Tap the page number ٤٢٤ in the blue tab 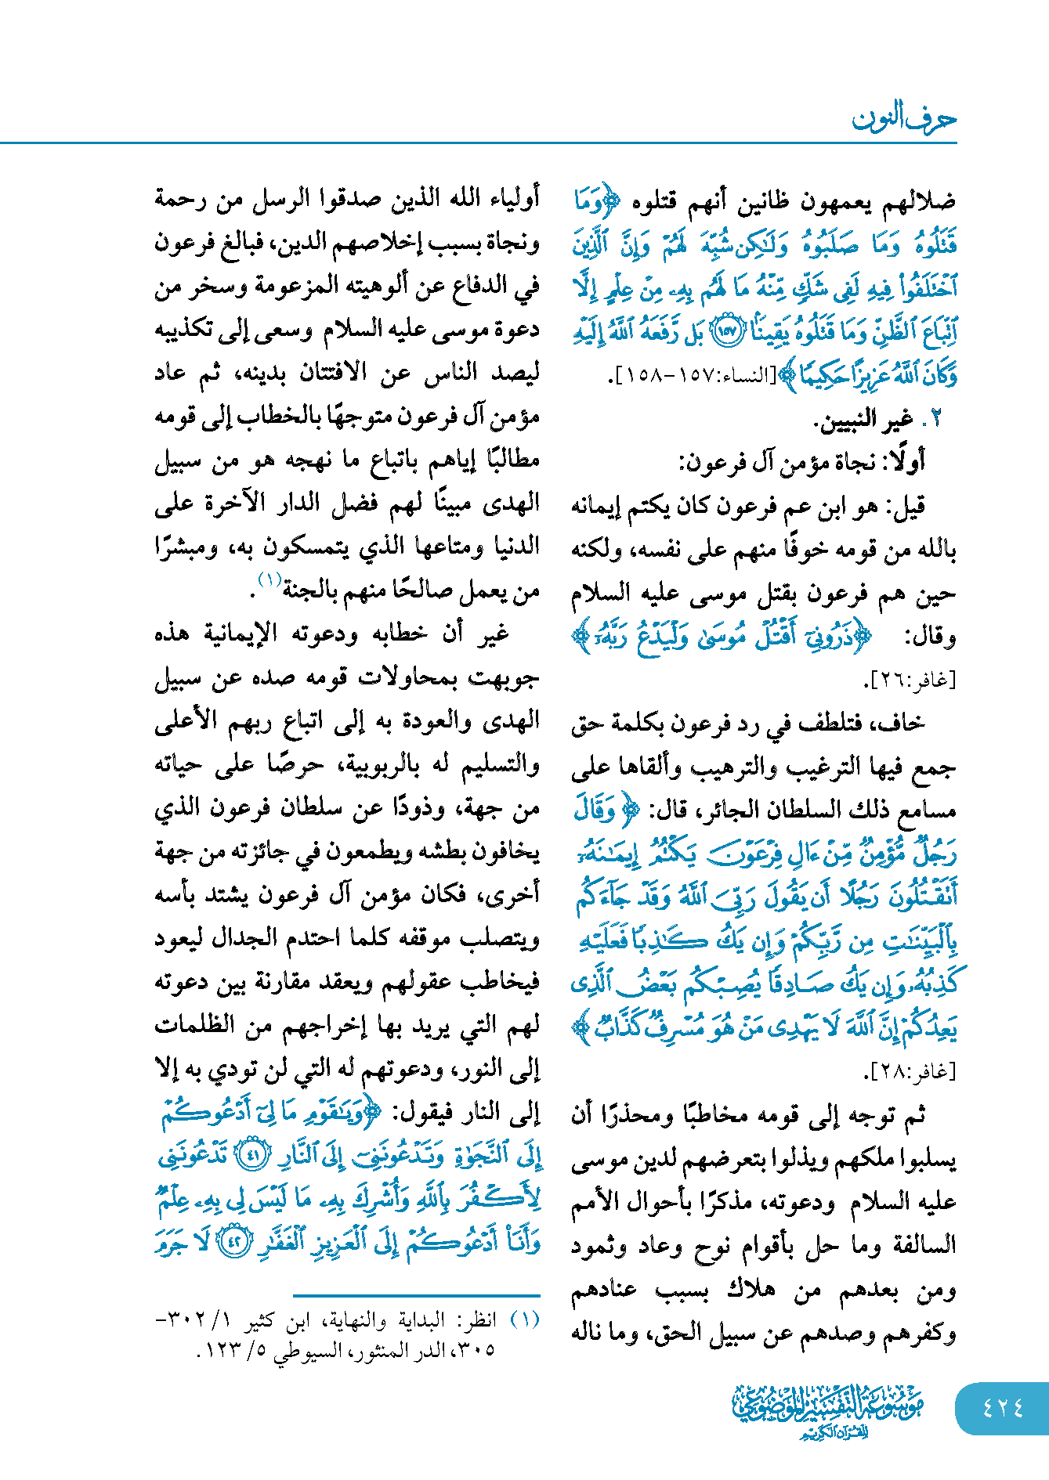pyautogui.click(x=1003, y=1406)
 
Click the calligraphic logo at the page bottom pyautogui.click(x=828, y=1410)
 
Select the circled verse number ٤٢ pyautogui.click(x=233, y=1243)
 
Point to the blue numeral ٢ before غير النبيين pyautogui.click(x=932, y=420)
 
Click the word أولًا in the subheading pyautogui.click(x=907, y=462)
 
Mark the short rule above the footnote pyautogui.click(x=416, y=1296)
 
